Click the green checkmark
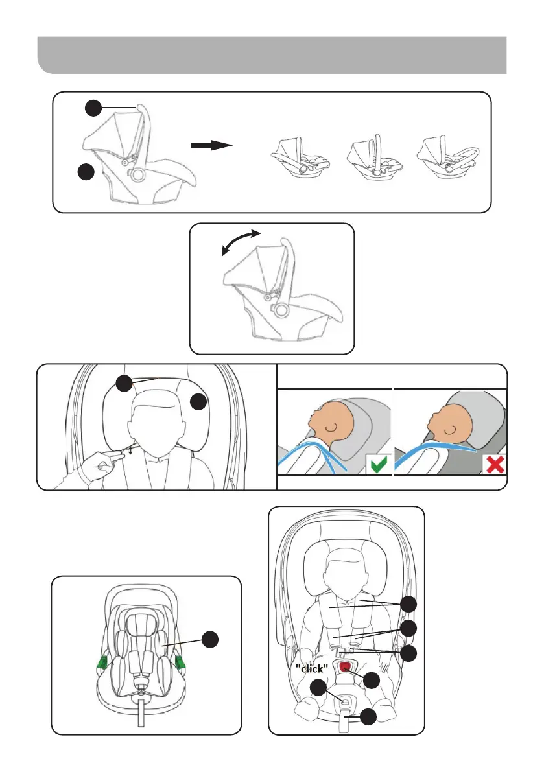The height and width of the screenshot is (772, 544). (x=379, y=464)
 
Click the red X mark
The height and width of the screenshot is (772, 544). (x=495, y=464)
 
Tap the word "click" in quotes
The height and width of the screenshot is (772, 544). (x=312, y=668)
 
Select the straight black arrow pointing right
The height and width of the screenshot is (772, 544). (x=211, y=145)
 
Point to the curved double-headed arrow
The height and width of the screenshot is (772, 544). (x=241, y=242)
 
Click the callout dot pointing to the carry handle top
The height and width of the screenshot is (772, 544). (x=93, y=108)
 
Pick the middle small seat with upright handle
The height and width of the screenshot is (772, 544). (x=375, y=157)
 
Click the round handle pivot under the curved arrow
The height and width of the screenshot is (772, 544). (x=281, y=310)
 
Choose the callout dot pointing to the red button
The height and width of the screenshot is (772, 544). (x=371, y=680)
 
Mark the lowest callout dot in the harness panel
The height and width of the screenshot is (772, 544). (x=368, y=717)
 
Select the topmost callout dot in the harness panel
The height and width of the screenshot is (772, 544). (x=408, y=603)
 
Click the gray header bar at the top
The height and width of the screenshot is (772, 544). (x=272, y=55)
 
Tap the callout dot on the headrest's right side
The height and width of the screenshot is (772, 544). (x=198, y=401)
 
